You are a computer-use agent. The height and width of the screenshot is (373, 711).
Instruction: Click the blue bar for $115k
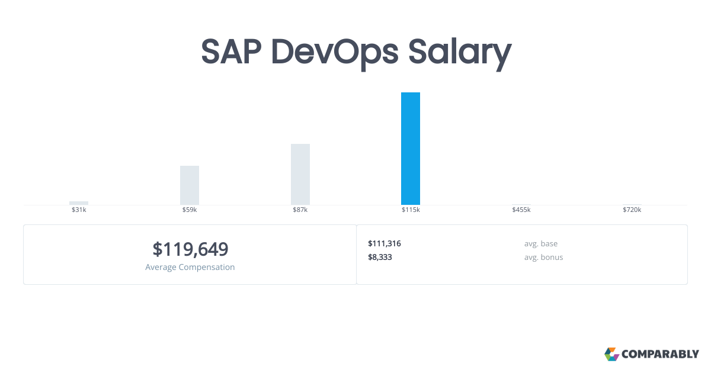(411, 149)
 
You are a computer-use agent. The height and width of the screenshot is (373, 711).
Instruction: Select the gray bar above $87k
(300, 174)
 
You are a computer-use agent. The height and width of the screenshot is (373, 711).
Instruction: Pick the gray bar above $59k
(190, 185)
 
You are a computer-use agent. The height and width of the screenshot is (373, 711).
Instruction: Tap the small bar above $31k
(79, 202)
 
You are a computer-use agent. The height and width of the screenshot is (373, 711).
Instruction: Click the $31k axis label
(79, 210)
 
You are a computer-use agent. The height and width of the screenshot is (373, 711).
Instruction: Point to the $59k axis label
(190, 210)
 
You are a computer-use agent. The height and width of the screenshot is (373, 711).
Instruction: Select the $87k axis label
(300, 210)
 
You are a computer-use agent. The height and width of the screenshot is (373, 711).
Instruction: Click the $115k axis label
(411, 210)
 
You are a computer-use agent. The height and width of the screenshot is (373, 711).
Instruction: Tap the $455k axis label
(521, 210)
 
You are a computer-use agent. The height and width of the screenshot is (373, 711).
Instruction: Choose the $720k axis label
(632, 210)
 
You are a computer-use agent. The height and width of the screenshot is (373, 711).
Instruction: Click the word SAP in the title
(231, 52)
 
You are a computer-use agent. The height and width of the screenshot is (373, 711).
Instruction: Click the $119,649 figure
(190, 249)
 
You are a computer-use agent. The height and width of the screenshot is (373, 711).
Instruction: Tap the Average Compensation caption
(190, 267)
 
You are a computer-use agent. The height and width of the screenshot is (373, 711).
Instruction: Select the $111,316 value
(385, 243)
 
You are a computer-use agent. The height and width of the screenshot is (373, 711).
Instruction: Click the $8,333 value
(380, 257)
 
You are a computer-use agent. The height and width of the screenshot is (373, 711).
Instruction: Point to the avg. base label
(541, 243)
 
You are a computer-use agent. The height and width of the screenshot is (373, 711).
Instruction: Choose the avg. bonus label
(543, 257)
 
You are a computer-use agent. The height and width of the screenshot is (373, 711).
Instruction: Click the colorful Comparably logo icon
(611, 354)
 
